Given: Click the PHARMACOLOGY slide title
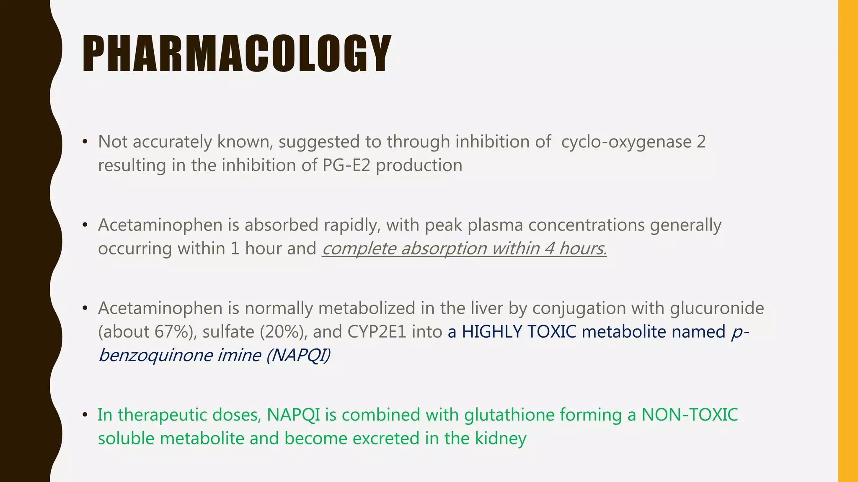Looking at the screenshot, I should click(x=237, y=54).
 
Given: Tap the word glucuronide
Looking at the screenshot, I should click(x=717, y=308).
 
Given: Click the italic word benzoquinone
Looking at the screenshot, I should click(x=155, y=355).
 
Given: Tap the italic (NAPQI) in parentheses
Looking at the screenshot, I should click(x=298, y=355).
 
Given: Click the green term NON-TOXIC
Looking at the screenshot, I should click(x=690, y=415).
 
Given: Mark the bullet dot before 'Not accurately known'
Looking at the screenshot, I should click(x=85, y=142).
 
